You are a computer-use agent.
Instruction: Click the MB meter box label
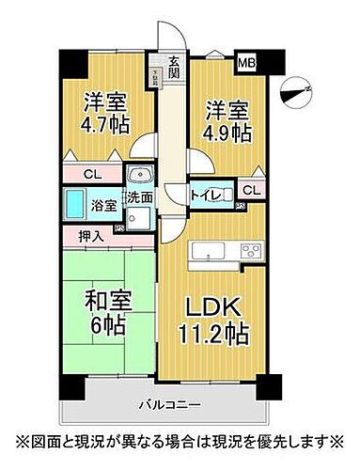pyautogui.click(x=244, y=64)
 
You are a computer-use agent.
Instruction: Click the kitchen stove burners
pyautogui.click(x=250, y=250)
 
